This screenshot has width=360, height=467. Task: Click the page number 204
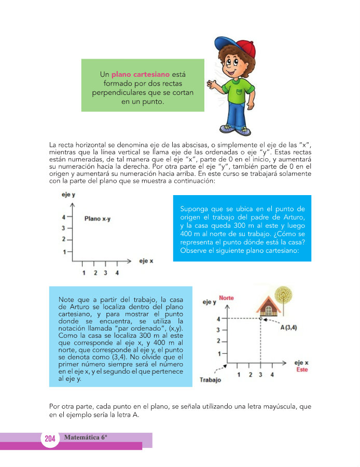click(x=50, y=439)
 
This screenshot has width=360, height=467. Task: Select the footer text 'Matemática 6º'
click(x=86, y=437)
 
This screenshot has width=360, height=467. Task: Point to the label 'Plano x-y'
click(x=98, y=218)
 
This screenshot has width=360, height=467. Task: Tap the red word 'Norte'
click(x=227, y=298)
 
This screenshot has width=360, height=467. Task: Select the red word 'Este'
click(x=302, y=369)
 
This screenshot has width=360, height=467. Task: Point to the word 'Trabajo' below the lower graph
click(x=210, y=380)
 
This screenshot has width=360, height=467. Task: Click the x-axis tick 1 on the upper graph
click(x=84, y=272)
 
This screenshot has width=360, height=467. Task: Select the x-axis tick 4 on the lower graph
click(x=272, y=374)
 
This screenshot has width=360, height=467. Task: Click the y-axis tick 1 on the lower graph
click(x=219, y=353)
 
